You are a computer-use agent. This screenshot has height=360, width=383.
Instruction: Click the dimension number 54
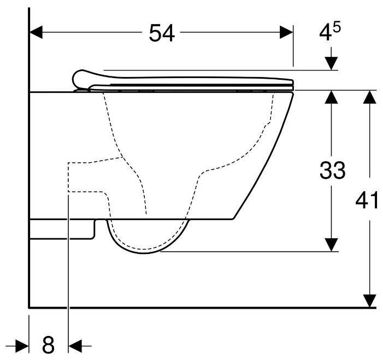click(162, 33)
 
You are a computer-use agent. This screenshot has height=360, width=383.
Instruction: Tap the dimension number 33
click(332, 171)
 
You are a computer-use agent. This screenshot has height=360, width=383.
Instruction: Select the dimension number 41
click(367, 200)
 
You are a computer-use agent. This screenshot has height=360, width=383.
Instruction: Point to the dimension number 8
click(49, 345)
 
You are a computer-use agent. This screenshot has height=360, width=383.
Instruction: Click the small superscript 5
click(337, 27)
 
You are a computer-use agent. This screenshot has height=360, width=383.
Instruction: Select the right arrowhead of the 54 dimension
click(287, 32)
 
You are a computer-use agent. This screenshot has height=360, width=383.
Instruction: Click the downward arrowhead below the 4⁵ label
click(332, 63)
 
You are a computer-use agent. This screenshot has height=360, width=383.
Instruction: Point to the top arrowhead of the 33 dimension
click(332, 97)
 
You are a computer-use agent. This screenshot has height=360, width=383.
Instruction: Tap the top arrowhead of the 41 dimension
click(370, 97)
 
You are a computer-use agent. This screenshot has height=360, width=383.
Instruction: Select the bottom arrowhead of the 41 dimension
click(370, 300)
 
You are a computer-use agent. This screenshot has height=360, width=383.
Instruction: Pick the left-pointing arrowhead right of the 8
click(75, 345)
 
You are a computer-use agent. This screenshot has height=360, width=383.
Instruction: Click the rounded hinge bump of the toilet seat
click(82, 78)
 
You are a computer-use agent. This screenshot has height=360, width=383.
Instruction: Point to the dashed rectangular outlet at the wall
click(82, 176)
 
